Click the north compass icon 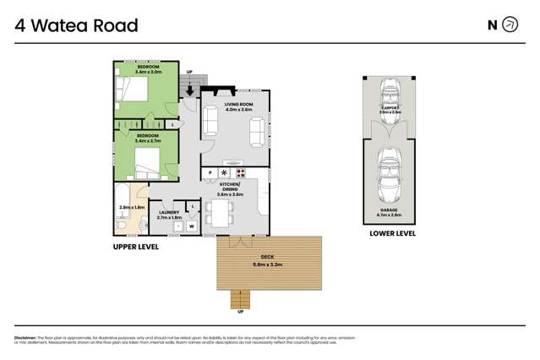510,25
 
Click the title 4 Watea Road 76,25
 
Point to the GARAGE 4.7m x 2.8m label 390,211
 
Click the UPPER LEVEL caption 135,247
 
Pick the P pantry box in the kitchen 209,172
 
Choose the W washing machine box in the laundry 193,226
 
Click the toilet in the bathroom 121,226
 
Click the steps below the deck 242,298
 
